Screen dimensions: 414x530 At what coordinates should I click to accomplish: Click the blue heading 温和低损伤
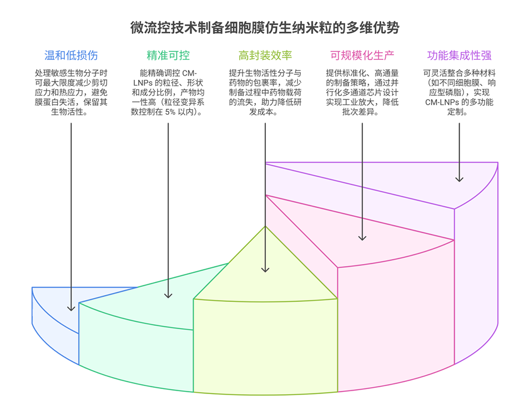pyautogui.click(x=71, y=55)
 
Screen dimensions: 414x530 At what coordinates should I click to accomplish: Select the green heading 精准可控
pyautogui.click(x=168, y=55)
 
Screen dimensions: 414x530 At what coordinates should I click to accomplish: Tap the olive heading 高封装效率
pyautogui.click(x=265, y=55)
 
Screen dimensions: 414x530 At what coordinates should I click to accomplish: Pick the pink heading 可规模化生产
pyautogui.click(x=362, y=55)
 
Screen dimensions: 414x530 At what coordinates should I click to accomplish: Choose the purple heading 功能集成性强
pyautogui.click(x=459, y=55)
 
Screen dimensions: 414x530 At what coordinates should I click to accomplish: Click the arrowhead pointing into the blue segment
pyautogui.click(x=71, y=308)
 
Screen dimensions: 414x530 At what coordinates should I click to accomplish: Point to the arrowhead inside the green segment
pyautogui.click(x=168, y=295)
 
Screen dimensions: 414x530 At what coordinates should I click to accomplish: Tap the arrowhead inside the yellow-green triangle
pyautogui.click(x=265, y=269)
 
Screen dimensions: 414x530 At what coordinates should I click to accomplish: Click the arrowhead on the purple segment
pyautogui.click(x=459, y=178)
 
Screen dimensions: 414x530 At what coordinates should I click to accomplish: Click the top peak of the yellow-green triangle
pyautogui.click(x=265, y=226)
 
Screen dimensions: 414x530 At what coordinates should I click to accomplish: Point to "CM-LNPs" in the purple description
pyautogui.click(x=442, y=103)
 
